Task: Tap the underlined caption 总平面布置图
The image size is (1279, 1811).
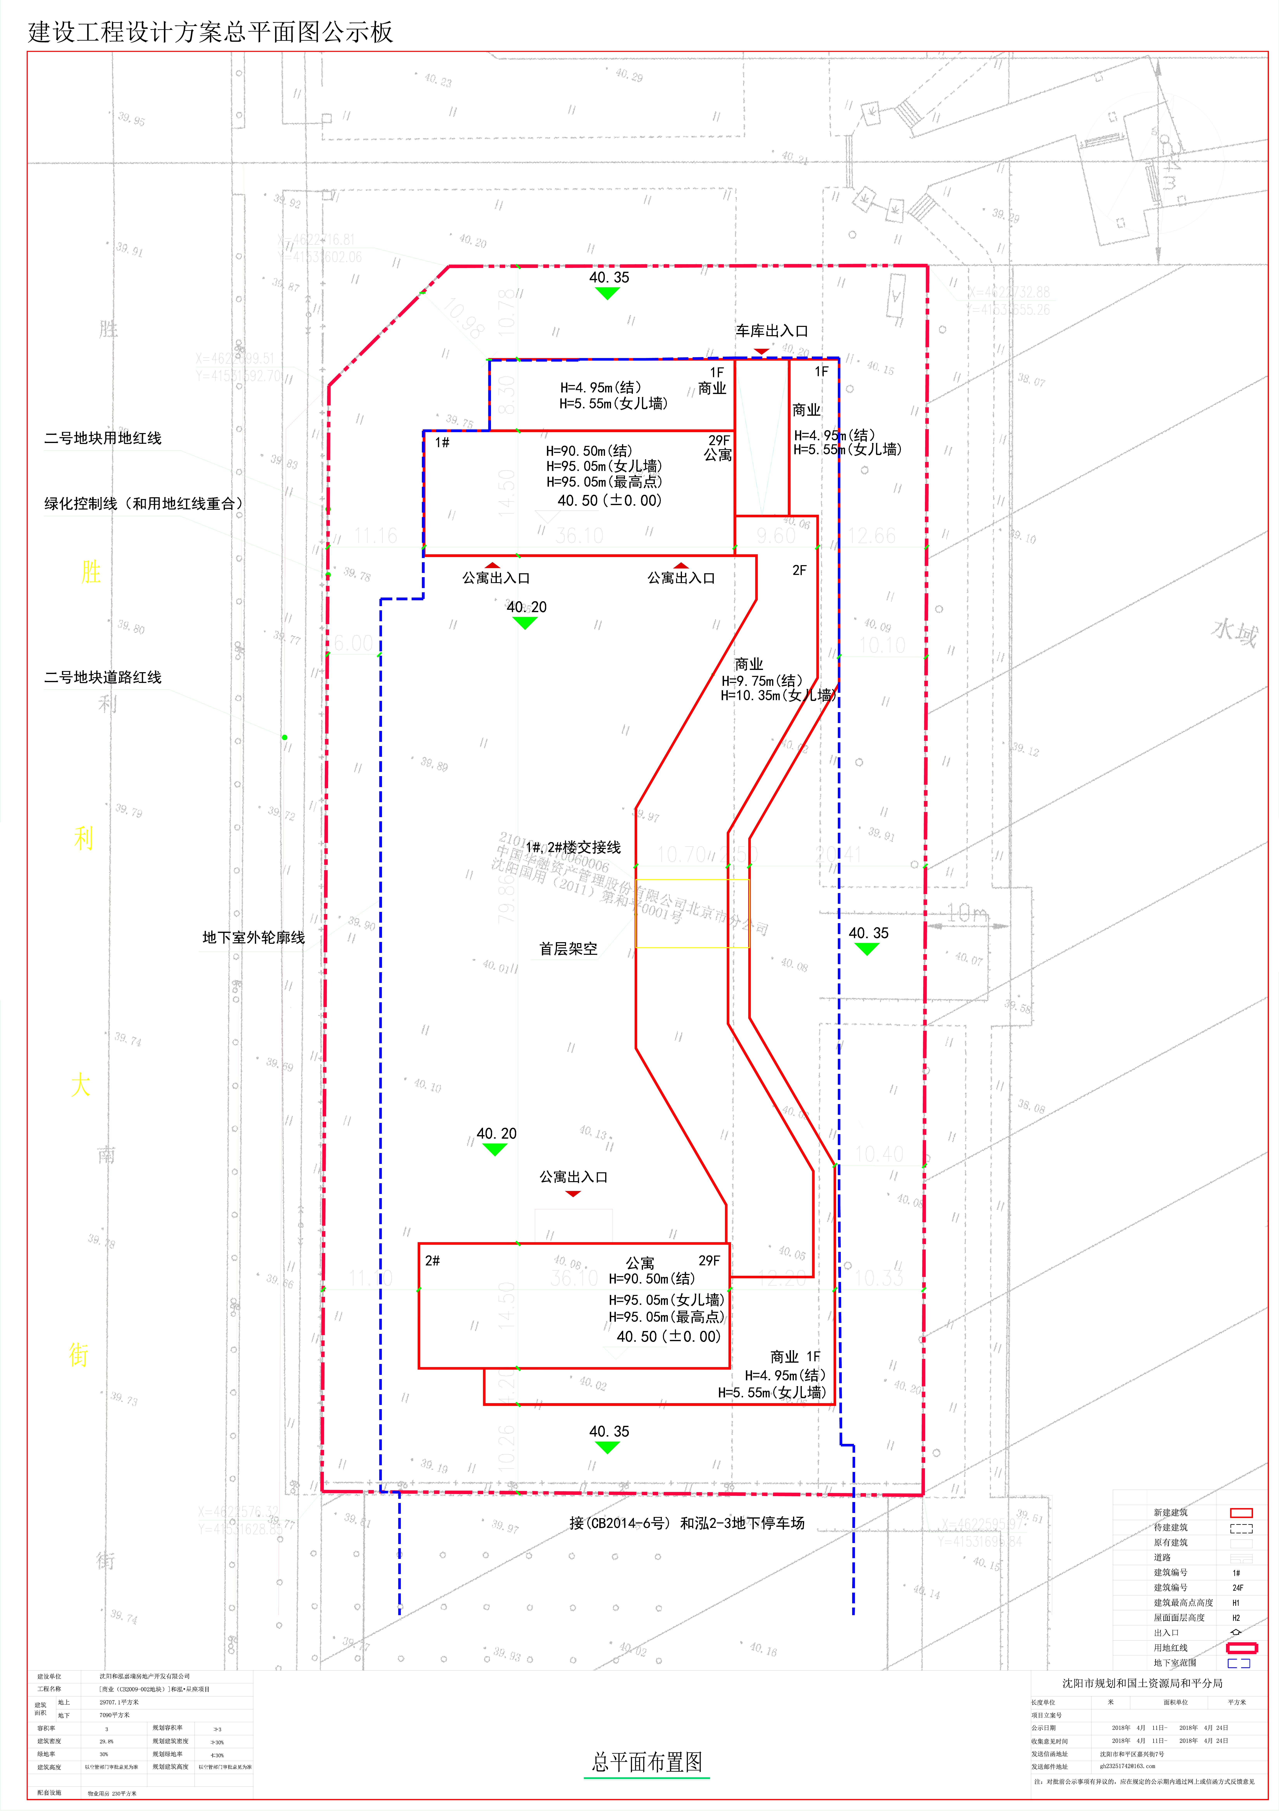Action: [x=647, y=1761]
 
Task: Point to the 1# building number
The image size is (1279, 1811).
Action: [x=442, y=443]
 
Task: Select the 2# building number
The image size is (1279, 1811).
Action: [x=432, y=1260]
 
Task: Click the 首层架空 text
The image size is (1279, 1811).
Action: [x=568, y=949]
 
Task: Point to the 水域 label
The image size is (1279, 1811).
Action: [x=1234, y=632]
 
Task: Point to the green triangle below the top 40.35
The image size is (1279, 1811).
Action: [x=606, y=293]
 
